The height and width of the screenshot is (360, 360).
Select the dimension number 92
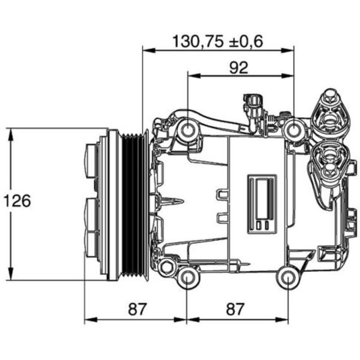click(x=238, y=67)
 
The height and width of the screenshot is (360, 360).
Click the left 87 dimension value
click(x=138, y=309)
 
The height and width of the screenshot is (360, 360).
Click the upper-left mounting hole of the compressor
click(x=187, y=130)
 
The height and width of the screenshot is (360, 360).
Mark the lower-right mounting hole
click(x=288, y=279)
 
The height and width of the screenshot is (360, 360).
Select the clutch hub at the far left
click(x=92, y=205)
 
